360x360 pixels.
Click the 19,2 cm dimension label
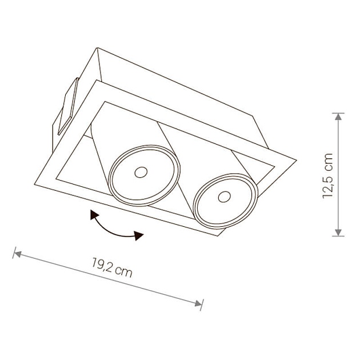pyautogui.click(x=112, y=267)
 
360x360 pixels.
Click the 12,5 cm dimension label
pyautogui.click(x=327, y=175)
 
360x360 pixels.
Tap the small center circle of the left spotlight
pyautogui.click(x=141, y=172)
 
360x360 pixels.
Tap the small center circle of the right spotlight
pyautogui.click(x=225, y=197)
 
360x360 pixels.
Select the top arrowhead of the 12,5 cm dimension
pyautogui.click(x=338, y=117)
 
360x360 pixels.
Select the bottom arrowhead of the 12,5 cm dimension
pyautogui.click(x=338, y=233)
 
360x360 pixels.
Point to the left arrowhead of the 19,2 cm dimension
pyautogui.click(x=18, y=254)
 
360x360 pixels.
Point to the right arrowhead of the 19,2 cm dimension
pyautogui.click(x=198, y=303)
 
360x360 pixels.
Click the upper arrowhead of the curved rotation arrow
pyautogui.click(x=94, y=215)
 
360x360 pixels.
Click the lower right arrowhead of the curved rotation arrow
pyautogui.click(x=139, y=235)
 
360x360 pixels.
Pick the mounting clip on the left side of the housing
pyautogui.click(x=68, y=106)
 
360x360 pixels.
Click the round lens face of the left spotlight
pyautogui.click(x=144, y=175)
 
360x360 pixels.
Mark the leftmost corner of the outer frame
pyautogui.click(x=34, y=185)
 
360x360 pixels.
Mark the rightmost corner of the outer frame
pyautogui.click(x=297, y=160)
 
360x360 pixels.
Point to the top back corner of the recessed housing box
pyautogui.click(x=98, y=48)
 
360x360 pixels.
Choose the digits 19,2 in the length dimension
pyautogui.click(x=102, y=265)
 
